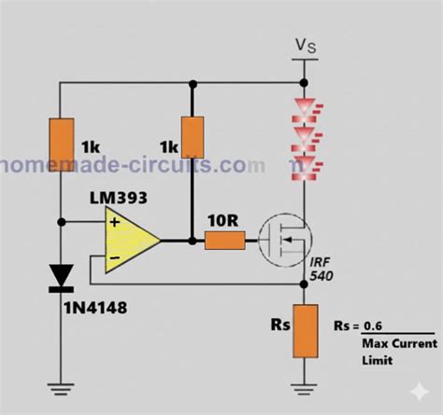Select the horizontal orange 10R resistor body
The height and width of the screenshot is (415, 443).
224,241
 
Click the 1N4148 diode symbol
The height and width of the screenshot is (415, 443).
62,275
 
